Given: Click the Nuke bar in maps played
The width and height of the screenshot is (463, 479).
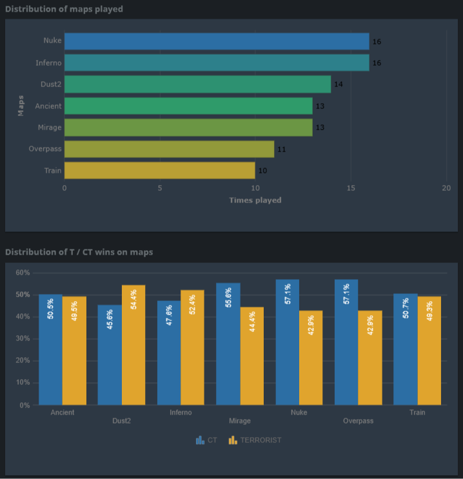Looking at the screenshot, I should (217, 41).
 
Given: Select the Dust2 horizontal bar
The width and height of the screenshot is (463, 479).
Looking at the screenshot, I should (197, 84).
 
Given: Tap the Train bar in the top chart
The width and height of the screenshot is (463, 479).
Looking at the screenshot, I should (159, 171).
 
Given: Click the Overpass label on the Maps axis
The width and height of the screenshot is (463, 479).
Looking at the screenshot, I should (45, 149).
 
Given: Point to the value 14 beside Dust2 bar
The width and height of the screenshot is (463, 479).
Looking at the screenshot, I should (339, 84).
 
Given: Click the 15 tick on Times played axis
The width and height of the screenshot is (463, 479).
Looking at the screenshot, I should (351, 188).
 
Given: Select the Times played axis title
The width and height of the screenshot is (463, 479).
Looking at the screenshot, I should (255, 200).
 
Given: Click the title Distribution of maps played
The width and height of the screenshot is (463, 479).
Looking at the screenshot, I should (64, 9).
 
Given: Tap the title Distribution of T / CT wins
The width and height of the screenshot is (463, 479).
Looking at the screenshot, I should (79, 252).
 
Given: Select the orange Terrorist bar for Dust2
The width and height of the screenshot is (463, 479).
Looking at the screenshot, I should (133, 345).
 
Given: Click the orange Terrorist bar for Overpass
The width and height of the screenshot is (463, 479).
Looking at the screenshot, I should (370, 358).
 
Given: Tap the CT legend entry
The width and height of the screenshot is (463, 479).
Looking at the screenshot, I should (206, 440).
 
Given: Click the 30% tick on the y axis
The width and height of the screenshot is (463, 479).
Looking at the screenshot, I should (22, 339).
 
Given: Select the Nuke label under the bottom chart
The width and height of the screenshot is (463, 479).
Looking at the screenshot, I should (299, 413).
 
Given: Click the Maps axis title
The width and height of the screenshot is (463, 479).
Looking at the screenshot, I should (21, 106).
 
